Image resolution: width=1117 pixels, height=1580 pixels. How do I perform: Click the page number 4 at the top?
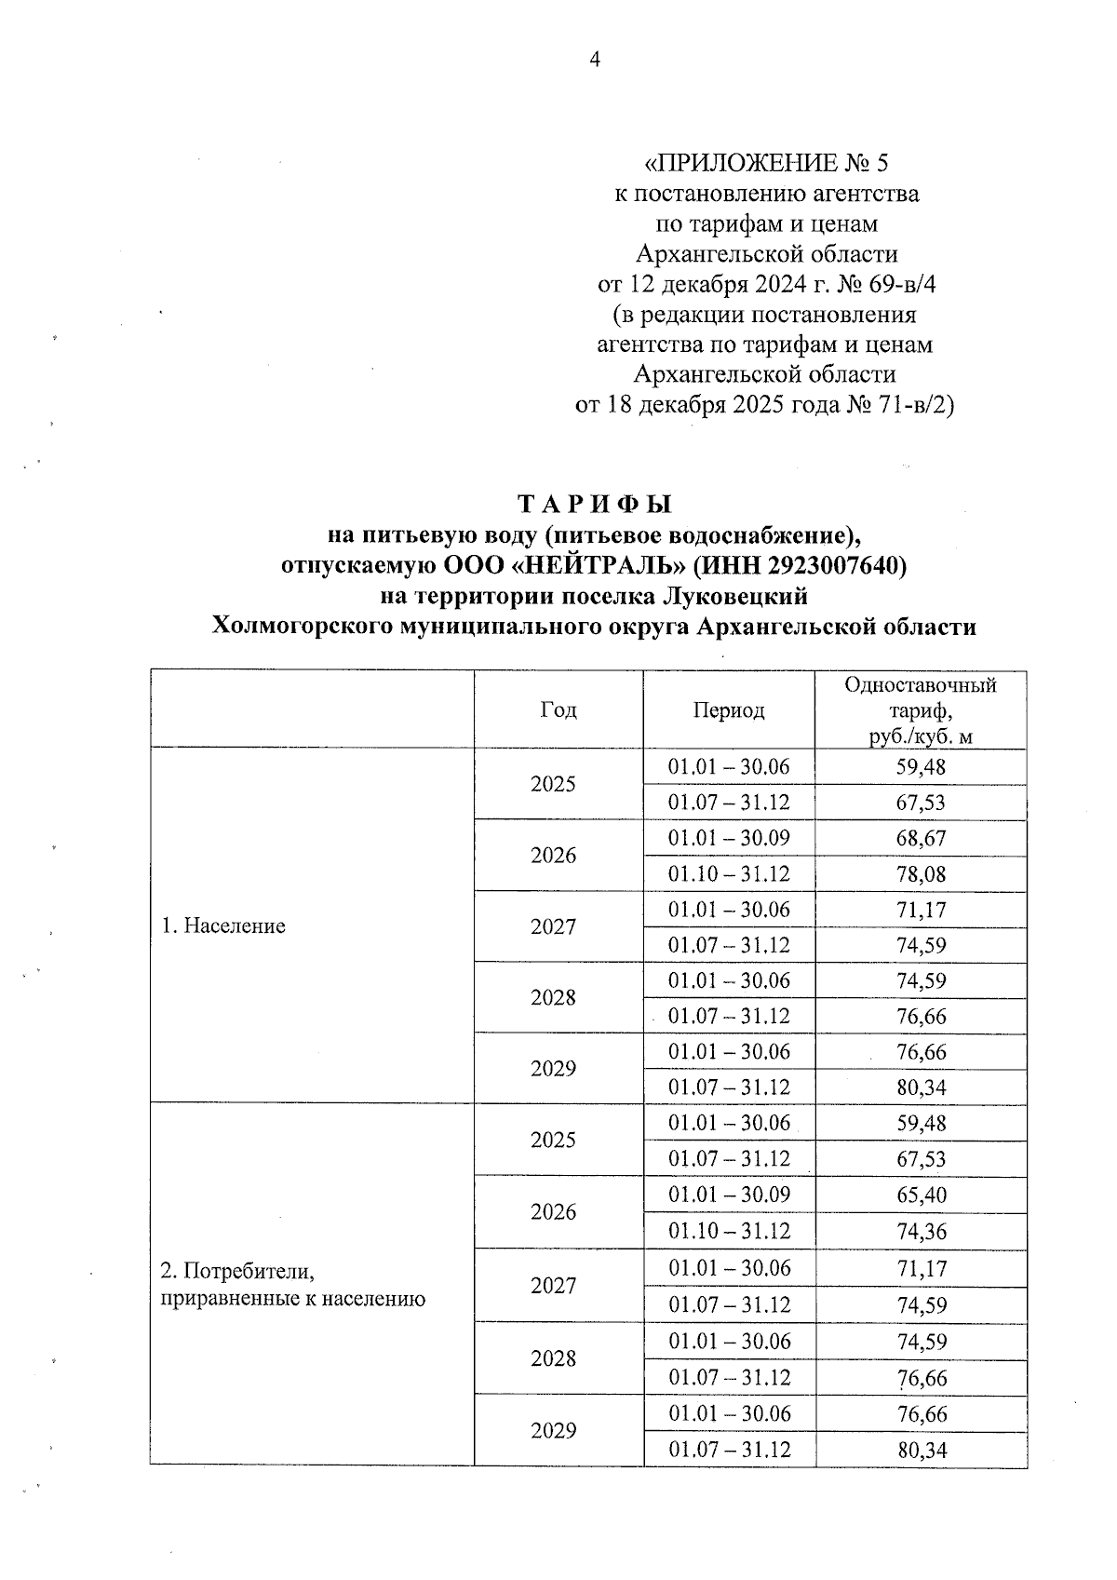[596, 60]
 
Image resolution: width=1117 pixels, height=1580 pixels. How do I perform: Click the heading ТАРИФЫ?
[594, 504]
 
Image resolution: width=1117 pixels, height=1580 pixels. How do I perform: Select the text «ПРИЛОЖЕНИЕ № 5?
[767, 164]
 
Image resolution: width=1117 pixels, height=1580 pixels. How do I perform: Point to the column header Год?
[558, 710]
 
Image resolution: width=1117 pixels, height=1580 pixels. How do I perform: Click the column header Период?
[728, 710]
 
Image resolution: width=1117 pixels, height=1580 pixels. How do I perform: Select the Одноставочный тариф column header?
[920, 710]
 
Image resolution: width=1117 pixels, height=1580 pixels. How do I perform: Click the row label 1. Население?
[223, 926]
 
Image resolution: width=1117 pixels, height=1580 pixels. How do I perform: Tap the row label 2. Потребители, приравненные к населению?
[292, 1285]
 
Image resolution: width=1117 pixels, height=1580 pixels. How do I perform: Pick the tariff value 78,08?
[921, 874]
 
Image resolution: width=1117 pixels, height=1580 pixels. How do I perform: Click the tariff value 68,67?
[921, 838]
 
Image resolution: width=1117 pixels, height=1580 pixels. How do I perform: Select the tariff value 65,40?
[921, 1195]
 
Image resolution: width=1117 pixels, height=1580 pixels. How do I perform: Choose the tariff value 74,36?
[921, 1232]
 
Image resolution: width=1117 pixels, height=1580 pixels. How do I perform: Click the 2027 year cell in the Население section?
[553, 926]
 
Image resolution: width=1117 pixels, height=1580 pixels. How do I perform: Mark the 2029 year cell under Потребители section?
[553, 1431]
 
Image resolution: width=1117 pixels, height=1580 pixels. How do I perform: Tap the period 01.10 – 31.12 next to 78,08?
[729, 874]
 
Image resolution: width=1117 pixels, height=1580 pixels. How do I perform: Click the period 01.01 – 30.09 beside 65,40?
[729, 1195]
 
